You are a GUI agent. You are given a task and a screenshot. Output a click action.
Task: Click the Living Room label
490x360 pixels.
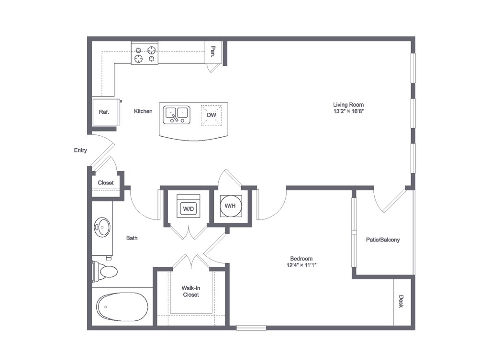point(348,105)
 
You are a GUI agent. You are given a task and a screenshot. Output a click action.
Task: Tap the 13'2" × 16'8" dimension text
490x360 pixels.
point(348,111)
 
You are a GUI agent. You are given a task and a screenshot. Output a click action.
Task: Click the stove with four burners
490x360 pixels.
point(145,54)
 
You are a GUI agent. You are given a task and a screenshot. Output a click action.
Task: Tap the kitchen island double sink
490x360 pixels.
point(177,115)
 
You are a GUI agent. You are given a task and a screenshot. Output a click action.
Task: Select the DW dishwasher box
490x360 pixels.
point(211,115)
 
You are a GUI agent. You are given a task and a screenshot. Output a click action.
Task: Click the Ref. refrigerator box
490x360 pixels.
point(104,112)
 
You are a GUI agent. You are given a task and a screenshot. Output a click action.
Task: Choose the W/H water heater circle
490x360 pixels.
point(230,206)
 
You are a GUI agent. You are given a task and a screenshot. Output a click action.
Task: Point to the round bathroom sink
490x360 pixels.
point(102,227)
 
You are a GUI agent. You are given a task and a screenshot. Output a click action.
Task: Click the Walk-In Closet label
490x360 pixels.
point(190,291)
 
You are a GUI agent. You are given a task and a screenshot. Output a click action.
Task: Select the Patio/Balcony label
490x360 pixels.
point(383,240)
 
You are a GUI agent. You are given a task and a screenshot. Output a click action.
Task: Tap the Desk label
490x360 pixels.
point(401,301)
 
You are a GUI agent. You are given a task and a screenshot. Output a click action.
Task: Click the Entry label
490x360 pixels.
point(80,151)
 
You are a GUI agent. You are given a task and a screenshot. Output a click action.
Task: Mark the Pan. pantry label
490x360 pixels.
point(213,51)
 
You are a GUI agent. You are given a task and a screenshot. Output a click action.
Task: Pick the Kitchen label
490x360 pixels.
point(143,111)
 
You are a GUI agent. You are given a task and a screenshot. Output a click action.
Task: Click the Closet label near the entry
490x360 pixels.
point(106,183)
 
